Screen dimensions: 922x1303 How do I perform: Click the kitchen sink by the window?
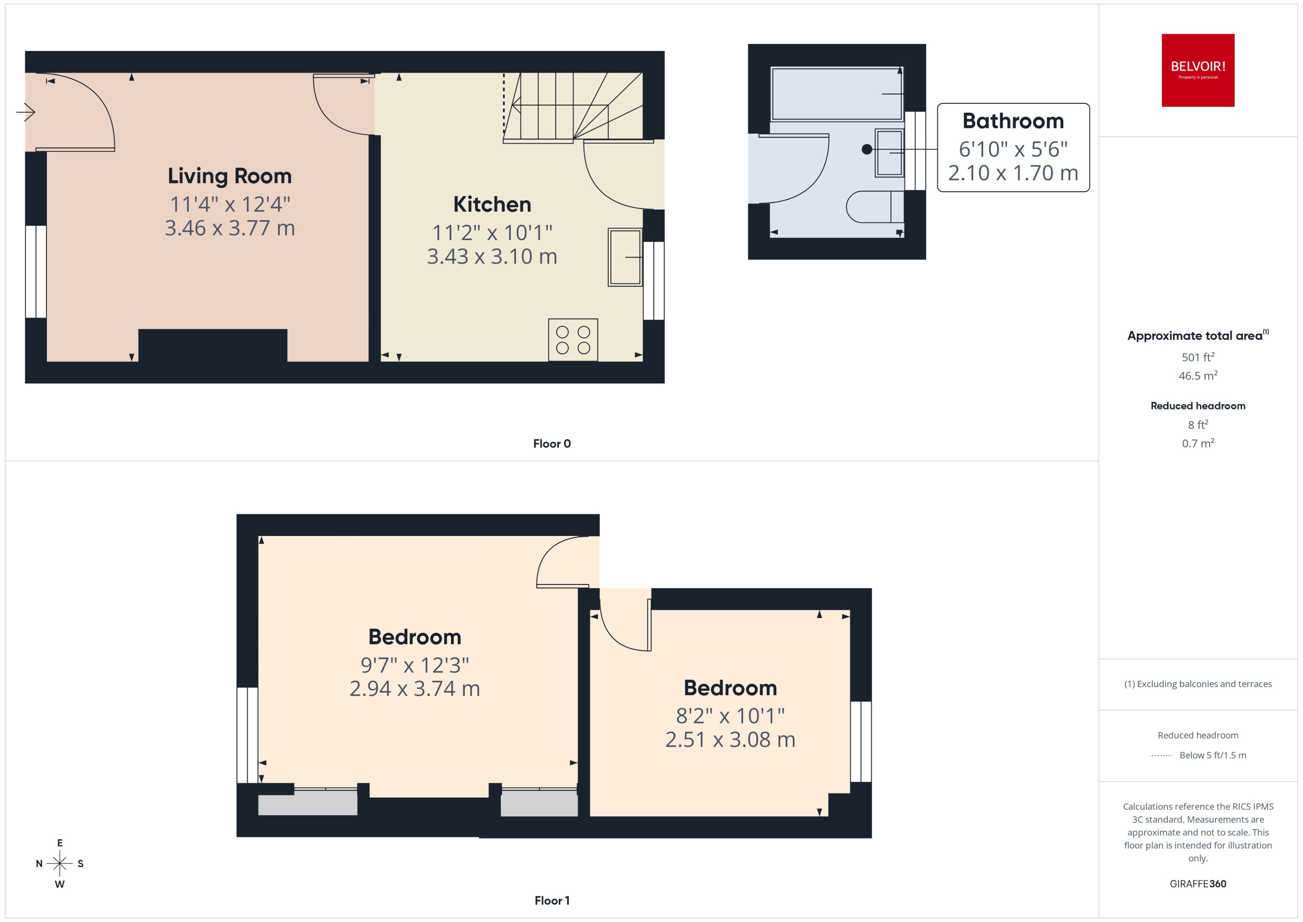[x=625, y=257]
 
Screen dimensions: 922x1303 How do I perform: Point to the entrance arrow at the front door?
[x=26, y=112]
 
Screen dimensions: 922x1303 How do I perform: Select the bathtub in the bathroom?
[x=836, y=94]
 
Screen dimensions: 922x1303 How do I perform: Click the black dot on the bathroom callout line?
[x=866, y=149]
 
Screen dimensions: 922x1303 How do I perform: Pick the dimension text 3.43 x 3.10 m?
[x=492, y=256]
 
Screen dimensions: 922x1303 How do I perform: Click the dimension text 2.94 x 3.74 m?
[x=414, y=689]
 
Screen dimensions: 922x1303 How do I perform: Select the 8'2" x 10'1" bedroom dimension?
[x=730, y=716]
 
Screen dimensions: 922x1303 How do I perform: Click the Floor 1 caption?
[x=551, y=900]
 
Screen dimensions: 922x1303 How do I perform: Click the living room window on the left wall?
[x=36, y=271]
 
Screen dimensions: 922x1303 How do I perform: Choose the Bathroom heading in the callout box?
[x=1013, y=121]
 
